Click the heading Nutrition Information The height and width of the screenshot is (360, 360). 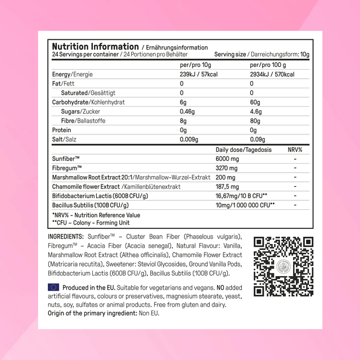(95, 47)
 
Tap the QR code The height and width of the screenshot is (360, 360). (283, 266)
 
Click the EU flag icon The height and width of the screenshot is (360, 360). (54, 287)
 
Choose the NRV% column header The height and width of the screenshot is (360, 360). (295, 150)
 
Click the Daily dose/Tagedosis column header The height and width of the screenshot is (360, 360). (244, 150)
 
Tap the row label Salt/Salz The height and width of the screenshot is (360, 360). (65, 139)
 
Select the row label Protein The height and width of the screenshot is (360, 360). (62, 129)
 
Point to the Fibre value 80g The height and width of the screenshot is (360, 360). (255, 120)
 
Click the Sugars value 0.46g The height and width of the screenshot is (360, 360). (188, 111)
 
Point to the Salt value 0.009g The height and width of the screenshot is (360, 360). (190, 139)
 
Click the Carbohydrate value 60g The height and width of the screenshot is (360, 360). (255, 102)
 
